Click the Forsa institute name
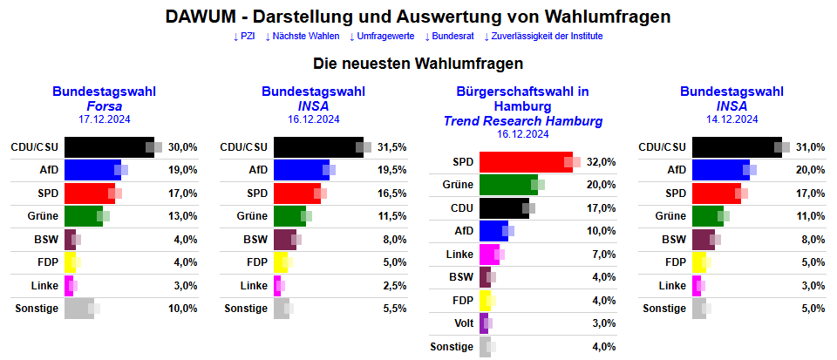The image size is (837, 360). (104, 105)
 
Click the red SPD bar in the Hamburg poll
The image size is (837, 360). (523, 161)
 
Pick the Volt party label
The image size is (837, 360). (463, 323)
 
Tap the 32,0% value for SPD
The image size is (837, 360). (602, 161)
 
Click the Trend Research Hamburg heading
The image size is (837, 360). (522, 120)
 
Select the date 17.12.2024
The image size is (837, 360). (104, 119)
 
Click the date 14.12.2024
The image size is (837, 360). (732, 119)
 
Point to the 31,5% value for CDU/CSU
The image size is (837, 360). (392, 147)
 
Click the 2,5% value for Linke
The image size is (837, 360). (394, 285)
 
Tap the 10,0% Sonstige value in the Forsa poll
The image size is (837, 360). (183, 308)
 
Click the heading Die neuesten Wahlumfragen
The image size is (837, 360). (418, 64)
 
